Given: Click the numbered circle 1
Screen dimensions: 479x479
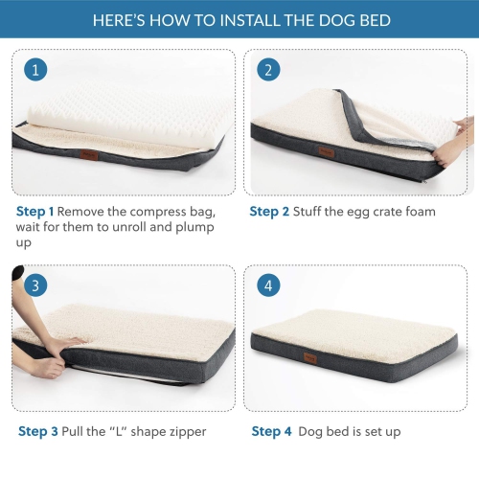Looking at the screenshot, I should pyautogui.click(x=35, y=70).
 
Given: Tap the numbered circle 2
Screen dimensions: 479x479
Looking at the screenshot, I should pyautogui.click(x=268, y=70).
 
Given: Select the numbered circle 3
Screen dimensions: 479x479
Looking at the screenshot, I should pyautogui.click(x=35, y=285).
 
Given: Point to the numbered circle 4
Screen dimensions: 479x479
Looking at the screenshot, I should pyautogui.click(x=268, y=285).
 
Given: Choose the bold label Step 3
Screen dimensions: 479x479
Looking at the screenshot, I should pyautogui.click(x=38, y=431).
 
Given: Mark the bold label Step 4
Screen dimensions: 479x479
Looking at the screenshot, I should pyautogui.click(x=271, y=431).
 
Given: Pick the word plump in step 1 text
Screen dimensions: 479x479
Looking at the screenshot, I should pyautogui.click(x=192, y=228).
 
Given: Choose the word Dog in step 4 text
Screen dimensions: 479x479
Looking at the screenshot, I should pyautogui.click(x=313, y=431).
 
